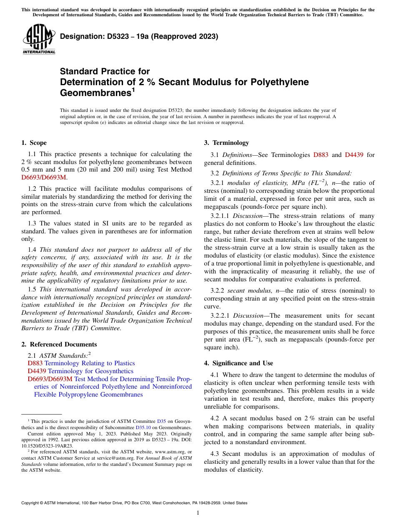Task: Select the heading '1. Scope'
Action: pyautogui.click(x=34, y=143)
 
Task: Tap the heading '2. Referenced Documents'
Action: pyautogui.click(x=59, y=344)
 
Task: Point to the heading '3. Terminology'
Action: pyautogui.click(x=226, y=143)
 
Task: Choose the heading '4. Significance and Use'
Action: pyautogui.click(x=238, y=363)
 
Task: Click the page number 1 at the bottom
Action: pyautogui.click(x=198, y=513)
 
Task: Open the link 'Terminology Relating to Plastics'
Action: pyautogui.click(x=90, y=364)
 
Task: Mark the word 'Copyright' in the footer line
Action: pyautogui.click(x=31, y=503)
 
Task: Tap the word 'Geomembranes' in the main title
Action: pyautogui.click(x=94, y=92)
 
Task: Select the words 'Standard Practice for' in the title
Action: pyautogui.click(x=105, y=71)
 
